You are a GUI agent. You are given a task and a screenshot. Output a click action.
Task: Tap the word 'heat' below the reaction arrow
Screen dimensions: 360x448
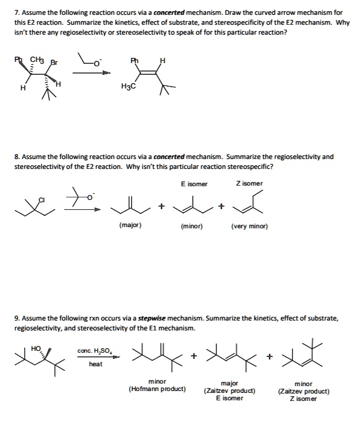tap(96, 364)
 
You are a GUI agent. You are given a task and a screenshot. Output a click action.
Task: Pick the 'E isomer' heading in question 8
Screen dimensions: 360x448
tap(194, 184)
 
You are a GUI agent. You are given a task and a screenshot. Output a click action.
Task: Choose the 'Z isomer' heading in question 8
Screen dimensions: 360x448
tap(249, 184)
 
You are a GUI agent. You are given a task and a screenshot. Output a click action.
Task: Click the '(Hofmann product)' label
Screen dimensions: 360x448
tap(157, 389)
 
